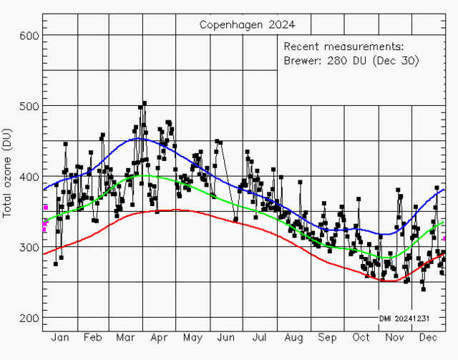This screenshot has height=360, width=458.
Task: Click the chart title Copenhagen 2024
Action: click(246, 25)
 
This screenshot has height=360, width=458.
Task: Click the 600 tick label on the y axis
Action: click(29, 36)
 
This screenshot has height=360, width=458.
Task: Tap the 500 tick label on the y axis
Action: click(29, 107)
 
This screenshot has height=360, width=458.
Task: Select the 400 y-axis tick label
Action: click(29, 177)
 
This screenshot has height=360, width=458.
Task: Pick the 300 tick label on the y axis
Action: click(29, 248)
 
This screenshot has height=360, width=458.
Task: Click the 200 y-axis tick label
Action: click(29, 318)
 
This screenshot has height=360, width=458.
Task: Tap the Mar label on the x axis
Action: click(126, 337)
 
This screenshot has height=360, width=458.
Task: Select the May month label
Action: click(192, 337)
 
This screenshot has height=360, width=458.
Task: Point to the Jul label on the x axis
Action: click(258, 337)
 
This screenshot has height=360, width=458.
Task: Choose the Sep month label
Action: click(326, 337)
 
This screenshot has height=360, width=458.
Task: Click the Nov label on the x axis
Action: click(394, 337)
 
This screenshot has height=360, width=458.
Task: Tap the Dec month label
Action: click(428, 337)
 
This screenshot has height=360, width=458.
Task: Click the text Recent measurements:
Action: click(343, 46)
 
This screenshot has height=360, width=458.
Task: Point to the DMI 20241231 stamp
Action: click(404, 318)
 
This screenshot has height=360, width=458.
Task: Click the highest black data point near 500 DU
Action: click(144, 103)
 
